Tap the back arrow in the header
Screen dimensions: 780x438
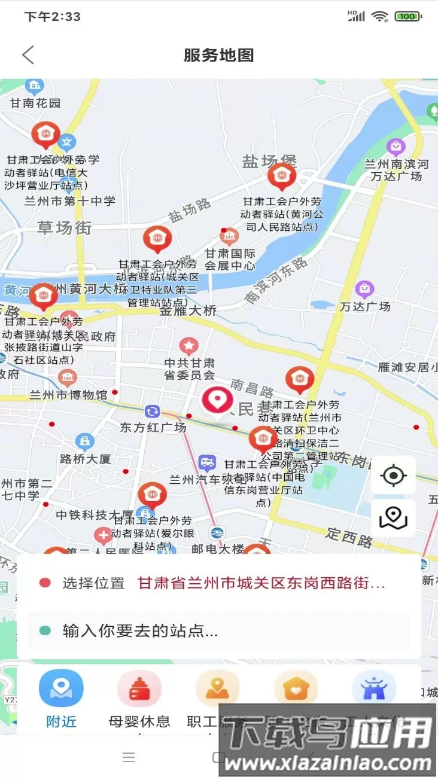point(28,55)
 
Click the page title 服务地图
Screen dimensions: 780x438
point(218,56)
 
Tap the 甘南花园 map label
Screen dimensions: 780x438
point(35,103)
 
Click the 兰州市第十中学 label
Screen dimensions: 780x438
point(69,201)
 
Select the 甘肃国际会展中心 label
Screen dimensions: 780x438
point(230,260)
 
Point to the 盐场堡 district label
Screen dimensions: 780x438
point(269,161)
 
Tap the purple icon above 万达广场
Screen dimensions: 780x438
point(364,290)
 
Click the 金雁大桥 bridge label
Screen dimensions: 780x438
point(188,310)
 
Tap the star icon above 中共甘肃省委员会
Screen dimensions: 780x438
point(189,345)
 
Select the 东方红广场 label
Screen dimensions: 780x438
point(153,427)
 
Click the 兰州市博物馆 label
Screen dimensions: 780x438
point(68,395)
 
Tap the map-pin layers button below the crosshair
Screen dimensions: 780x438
point(393,517)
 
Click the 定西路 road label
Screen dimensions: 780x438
point(349,538)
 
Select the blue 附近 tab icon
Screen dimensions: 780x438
point(61,688)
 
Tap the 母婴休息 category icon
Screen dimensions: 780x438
point(139,688)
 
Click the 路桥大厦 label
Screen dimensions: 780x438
point(85,459)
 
